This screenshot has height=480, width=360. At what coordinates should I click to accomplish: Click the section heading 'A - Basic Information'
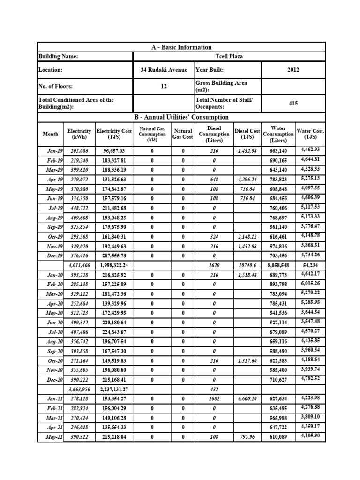[x=181, y=47]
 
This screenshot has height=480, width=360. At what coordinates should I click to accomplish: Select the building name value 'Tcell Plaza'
[x=229, y=56]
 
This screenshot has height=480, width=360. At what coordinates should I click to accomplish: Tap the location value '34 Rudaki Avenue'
[x=164, y=69]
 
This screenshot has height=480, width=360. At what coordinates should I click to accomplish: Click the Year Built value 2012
[x=293, y=69]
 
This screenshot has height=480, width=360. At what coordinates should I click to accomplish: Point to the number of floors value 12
[x=164, y=86]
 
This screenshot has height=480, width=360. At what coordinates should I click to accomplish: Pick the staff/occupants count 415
[x=293, y=103]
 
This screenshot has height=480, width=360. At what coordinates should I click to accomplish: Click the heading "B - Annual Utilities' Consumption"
[x=181, y=117]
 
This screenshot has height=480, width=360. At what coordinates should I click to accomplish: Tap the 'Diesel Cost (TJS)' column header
[x=247, y=134]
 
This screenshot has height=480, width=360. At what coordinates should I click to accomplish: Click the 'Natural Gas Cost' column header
[x=183, y=134]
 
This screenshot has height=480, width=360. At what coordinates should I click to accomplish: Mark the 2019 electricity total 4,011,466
[x=79, y=265]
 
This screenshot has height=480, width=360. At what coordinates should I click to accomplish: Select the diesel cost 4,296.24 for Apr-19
[x=247, y=180]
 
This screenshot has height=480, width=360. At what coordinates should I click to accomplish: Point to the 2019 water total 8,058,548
[x=278, y=265]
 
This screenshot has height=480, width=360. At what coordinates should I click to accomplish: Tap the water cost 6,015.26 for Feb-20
[x=310, y=284]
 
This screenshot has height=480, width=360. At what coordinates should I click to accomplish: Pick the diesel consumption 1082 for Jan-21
[x=213, y=398]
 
